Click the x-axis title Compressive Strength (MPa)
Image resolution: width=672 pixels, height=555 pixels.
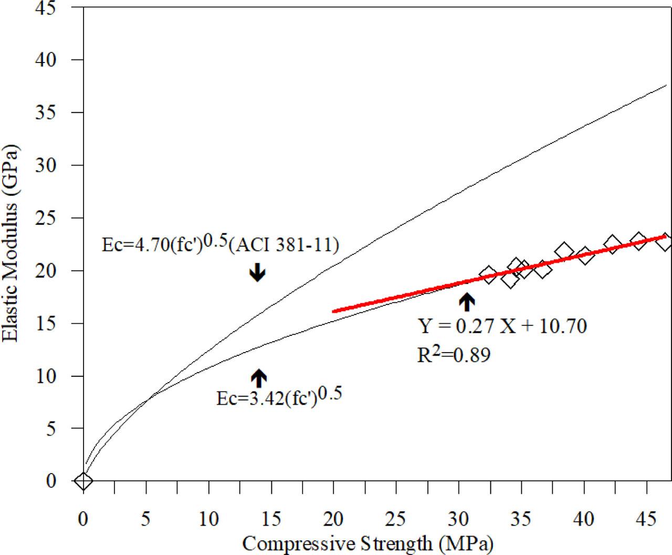point(367,543)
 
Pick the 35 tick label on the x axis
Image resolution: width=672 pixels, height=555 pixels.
point(521,519)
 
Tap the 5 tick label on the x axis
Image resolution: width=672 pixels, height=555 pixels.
point(146,519)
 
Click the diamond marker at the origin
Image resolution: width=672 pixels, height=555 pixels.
point(83,480)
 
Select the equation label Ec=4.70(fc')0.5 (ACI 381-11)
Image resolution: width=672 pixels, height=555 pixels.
point(220,245)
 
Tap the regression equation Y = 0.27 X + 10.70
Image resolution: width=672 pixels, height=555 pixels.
point(502,327)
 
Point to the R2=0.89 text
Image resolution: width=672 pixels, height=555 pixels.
point(454,355)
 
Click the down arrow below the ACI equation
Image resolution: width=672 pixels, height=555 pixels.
point(257,272)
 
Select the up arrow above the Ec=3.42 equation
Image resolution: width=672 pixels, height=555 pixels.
point(259,376)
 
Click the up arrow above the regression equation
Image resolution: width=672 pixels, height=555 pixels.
point(467,302)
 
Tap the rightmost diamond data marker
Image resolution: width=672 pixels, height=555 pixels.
point(665,242)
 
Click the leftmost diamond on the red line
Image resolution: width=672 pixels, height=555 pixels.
point(488,275)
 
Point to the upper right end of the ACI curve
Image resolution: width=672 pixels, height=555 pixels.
point(666,85)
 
